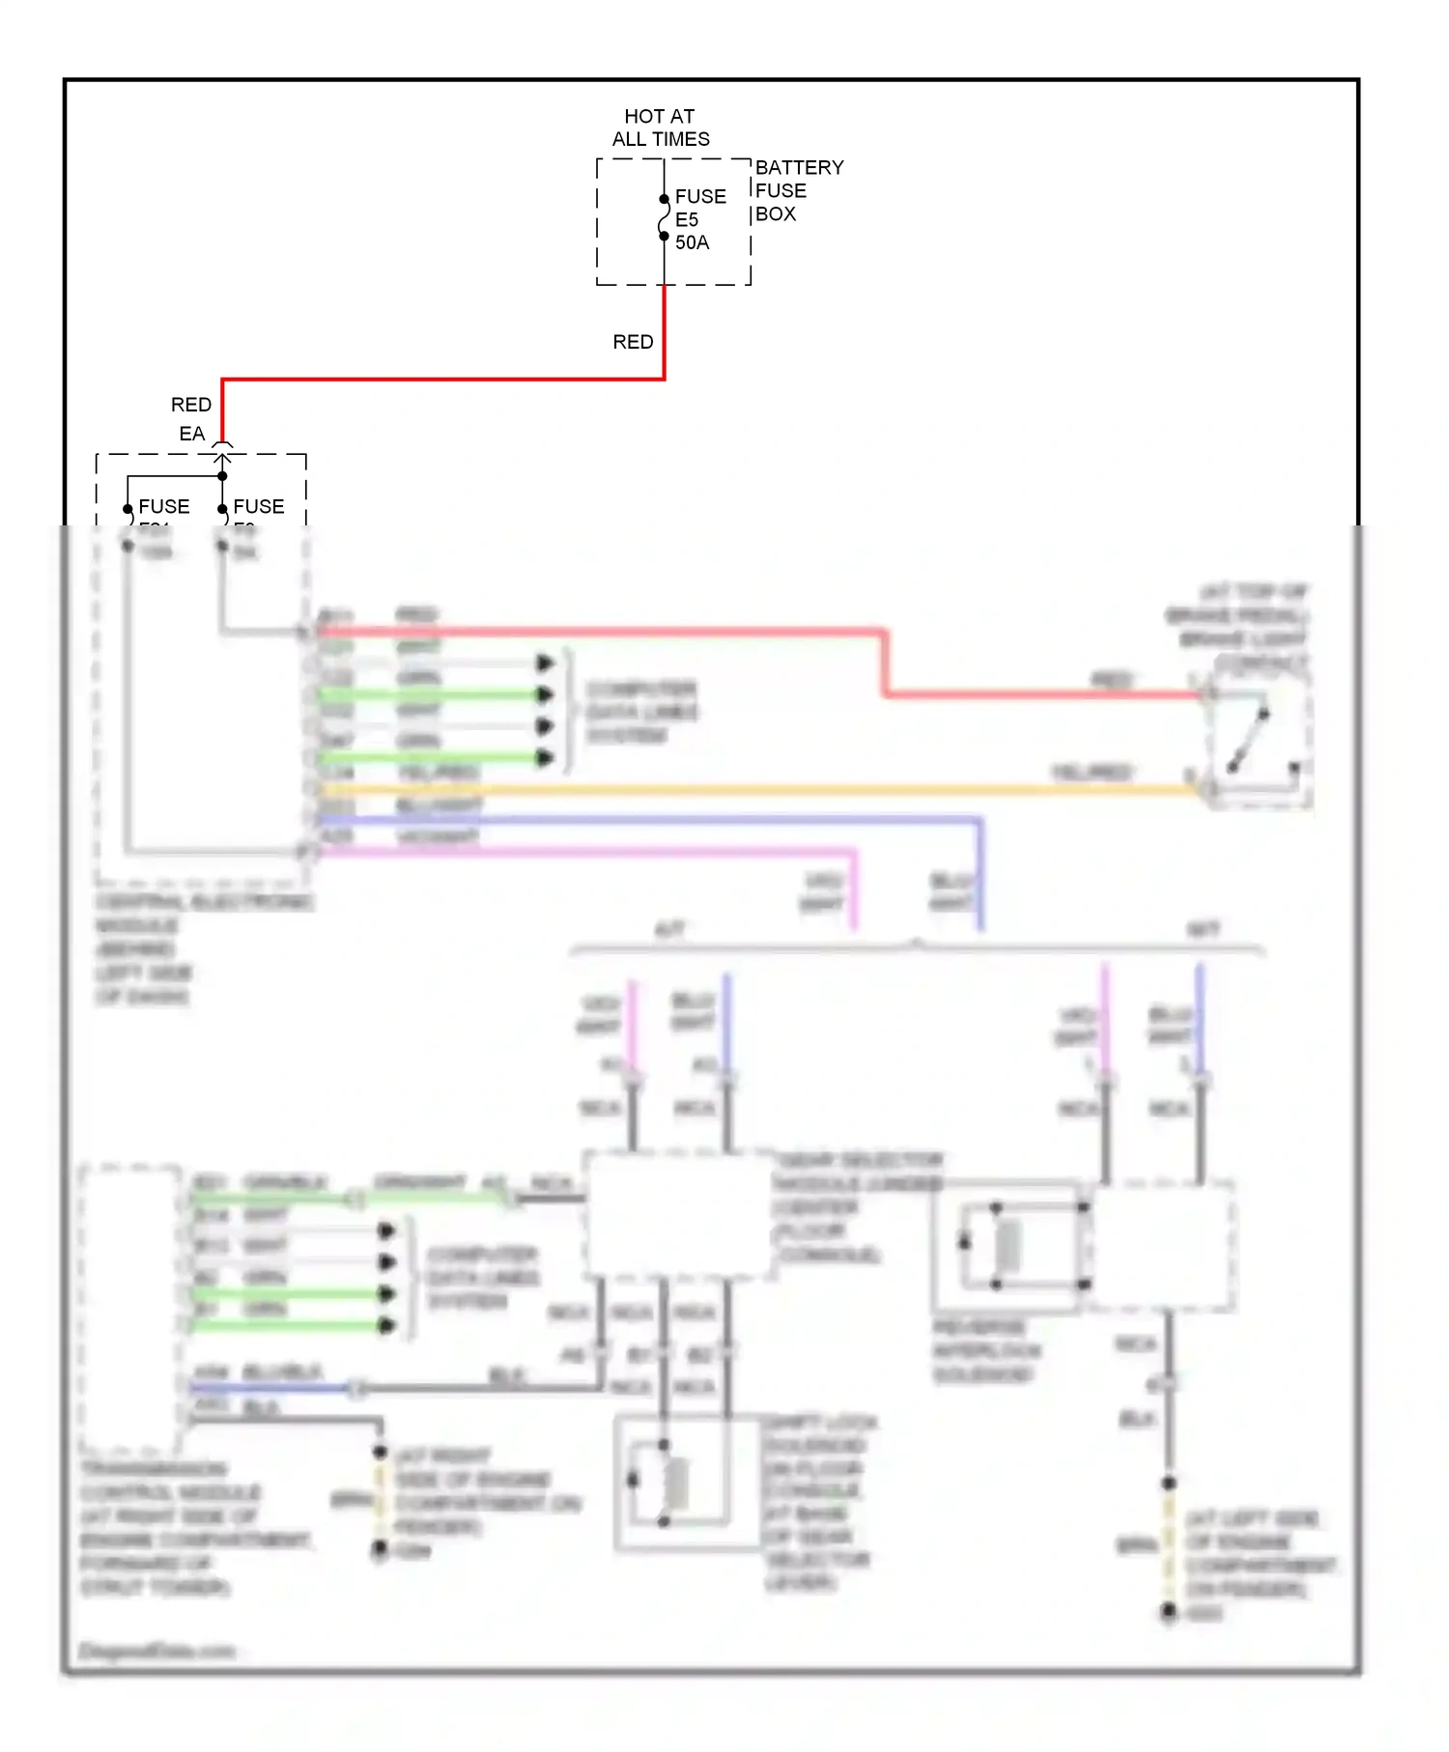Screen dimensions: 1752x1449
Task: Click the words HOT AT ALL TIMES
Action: point(660,127)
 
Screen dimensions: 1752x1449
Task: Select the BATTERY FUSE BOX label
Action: point(798,190)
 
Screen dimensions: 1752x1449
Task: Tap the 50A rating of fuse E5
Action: point(692,242)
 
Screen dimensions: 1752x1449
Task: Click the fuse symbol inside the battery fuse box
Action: point(664,218)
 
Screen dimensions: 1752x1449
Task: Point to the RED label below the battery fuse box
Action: point(633,342)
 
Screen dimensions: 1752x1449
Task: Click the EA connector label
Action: point(191,434)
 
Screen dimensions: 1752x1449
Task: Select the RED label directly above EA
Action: point(190,405)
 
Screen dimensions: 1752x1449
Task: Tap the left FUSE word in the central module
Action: point(163,506)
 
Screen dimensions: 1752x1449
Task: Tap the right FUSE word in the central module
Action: point(258,506)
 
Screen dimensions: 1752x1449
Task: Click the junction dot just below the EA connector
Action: point(222,475)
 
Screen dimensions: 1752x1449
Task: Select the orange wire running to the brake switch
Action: point(753,789)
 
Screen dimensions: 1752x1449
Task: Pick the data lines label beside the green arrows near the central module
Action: point(640,713)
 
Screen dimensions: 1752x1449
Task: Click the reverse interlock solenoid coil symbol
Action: point(1008,1245)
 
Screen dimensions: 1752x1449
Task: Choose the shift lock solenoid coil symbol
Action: point(676,1483)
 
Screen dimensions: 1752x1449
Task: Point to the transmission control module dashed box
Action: point(130,1310)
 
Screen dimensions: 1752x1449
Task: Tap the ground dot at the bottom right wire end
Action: point(1169,1610)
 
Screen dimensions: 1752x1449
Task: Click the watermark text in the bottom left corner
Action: point(156,1651)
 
